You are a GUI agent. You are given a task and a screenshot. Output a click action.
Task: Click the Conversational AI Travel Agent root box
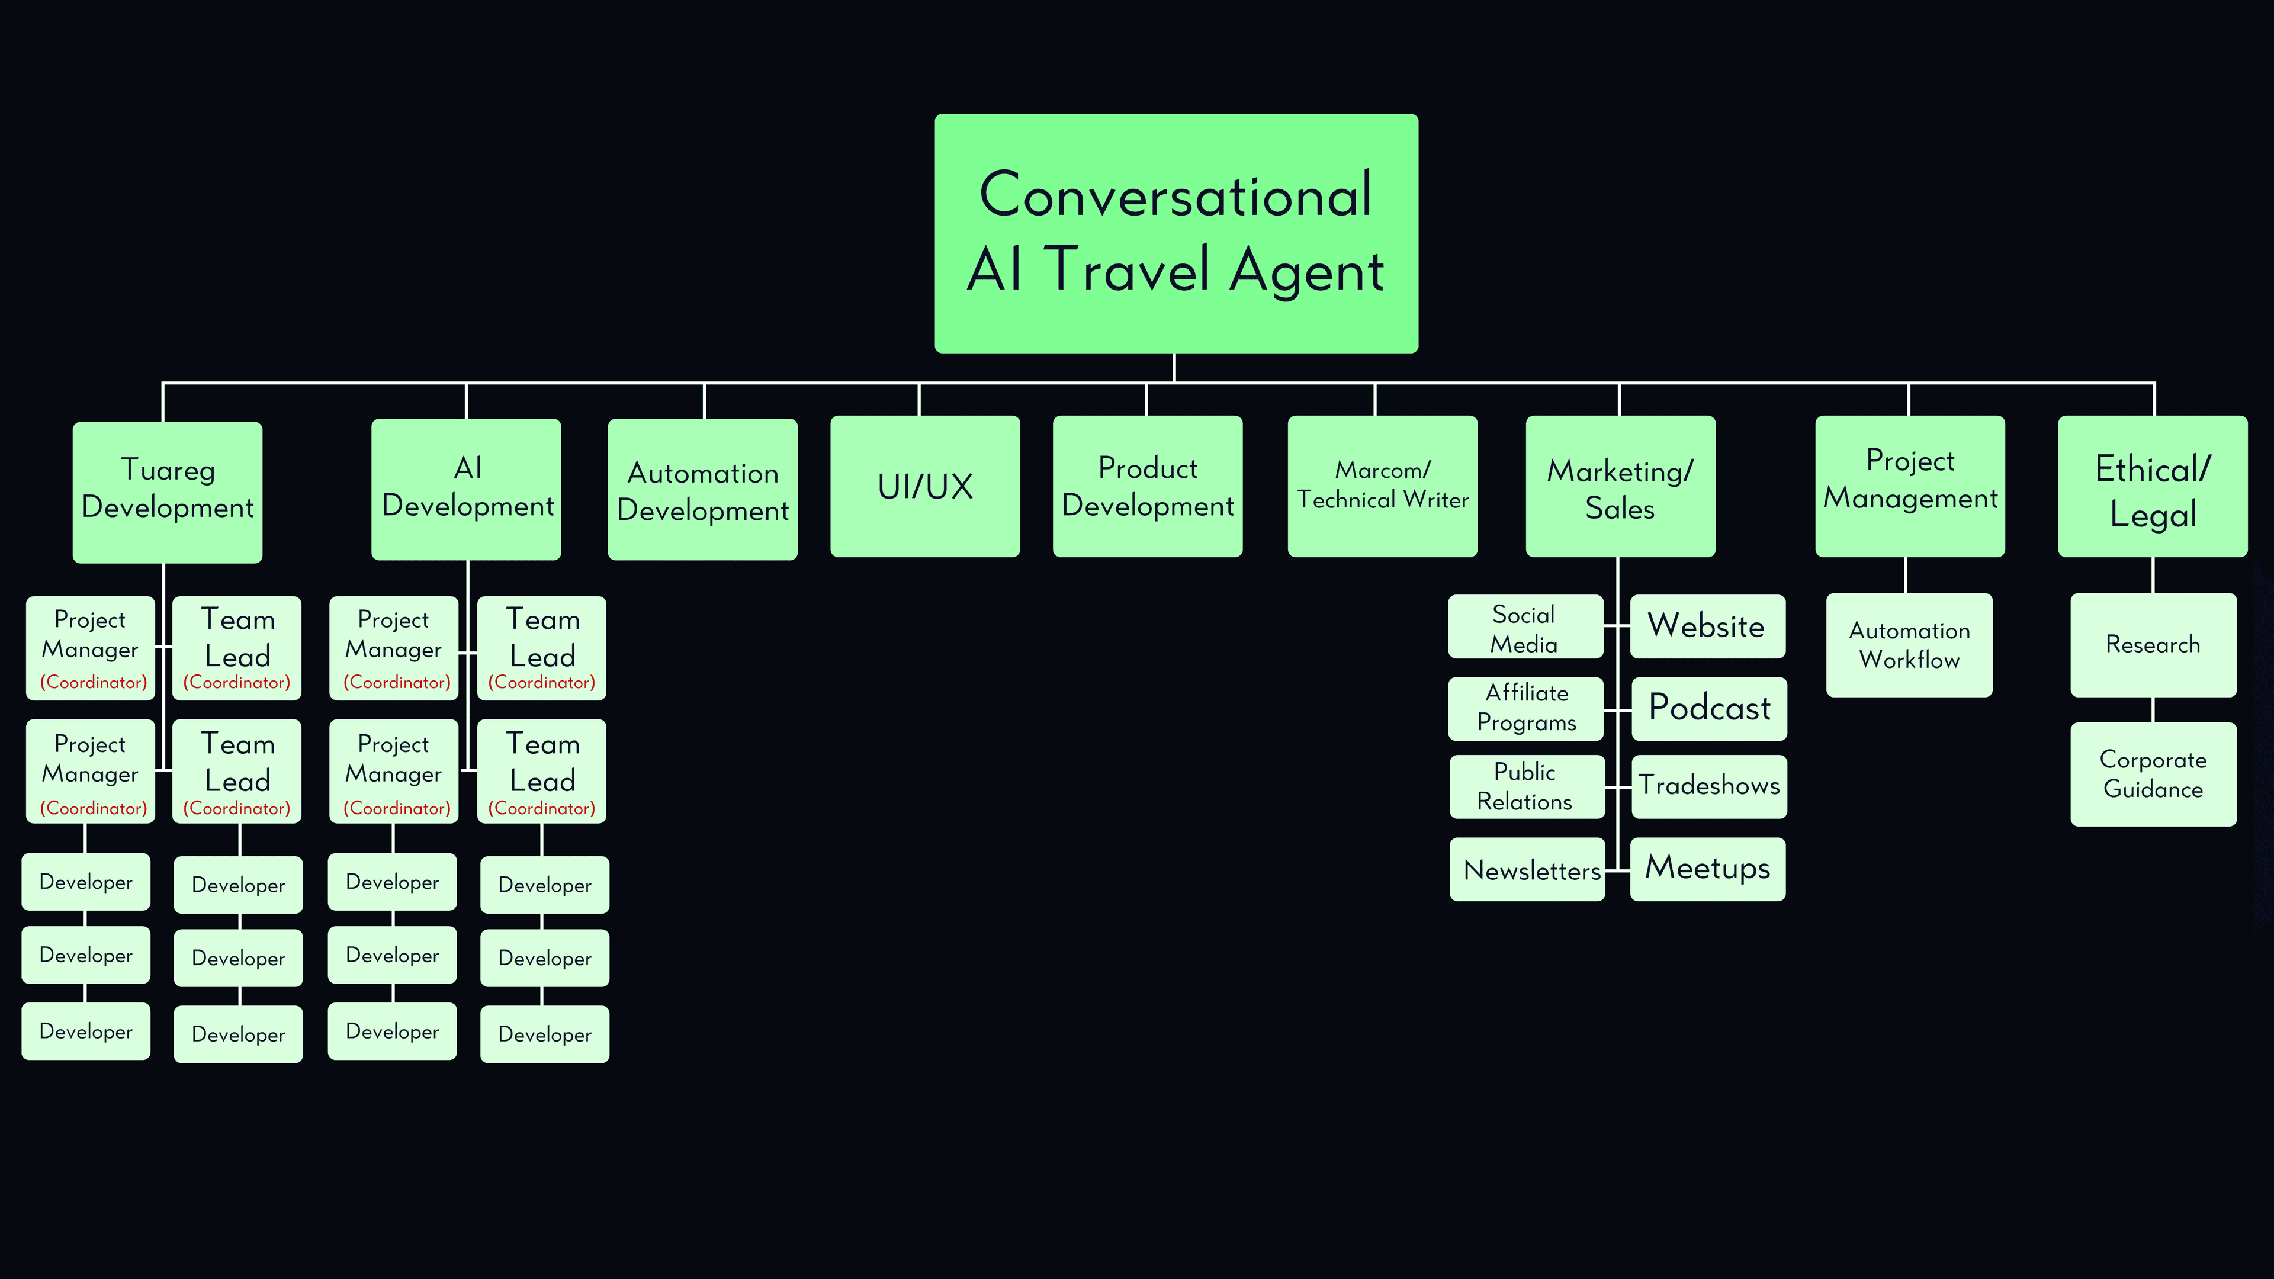coord(1176,233)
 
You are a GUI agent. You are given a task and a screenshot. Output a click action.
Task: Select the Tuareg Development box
coord(167,491)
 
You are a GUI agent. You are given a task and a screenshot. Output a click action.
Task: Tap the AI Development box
coord(466,489)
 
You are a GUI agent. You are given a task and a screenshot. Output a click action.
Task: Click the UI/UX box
coord(924,486)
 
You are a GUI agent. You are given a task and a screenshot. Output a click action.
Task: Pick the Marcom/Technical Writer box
coord(1382,486)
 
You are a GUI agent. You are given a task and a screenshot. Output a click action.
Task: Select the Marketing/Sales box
coord(1620,486)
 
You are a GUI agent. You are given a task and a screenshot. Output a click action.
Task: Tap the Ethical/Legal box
coord(2152,486)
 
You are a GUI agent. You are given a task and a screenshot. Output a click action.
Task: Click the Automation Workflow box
coord(1909,645)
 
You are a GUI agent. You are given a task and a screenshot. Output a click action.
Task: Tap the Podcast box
coord(1709,709)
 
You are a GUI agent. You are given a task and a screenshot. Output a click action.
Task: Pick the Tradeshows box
coord(1709,786)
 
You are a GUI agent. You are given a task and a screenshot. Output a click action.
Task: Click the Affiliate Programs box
coord(1525,709)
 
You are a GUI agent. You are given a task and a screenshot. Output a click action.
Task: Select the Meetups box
coord(1707,869)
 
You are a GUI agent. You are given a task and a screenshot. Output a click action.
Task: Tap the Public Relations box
coord(1525,786)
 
